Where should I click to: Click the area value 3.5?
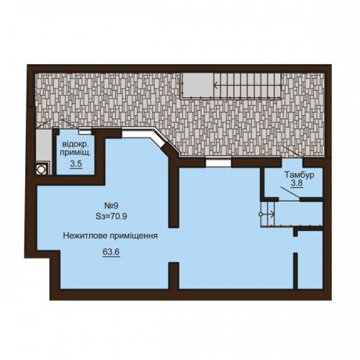click(x=76, y=164)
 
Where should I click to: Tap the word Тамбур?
click(x=300, y=175)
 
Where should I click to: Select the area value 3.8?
click(x=297, y=184)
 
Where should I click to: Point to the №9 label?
click(x=112, y=205)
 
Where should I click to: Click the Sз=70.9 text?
click(x=111, y=217)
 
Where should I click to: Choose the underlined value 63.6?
click(x=111, y=252)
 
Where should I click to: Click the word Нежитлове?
click(x=85, y=235)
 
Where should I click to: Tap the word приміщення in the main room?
click(x=134, y=236)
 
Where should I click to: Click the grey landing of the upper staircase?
click(x=197, y=84)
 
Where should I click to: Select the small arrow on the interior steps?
click(x=268, y=215)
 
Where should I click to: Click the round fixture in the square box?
click(x=42, y=169)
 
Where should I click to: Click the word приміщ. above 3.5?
click(x=76, y=153)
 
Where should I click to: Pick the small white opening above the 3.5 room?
click(x=85, y=132)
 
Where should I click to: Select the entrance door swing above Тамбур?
click(x=293, y=152)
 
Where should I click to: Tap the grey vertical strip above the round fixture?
click(x=43, y=145)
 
